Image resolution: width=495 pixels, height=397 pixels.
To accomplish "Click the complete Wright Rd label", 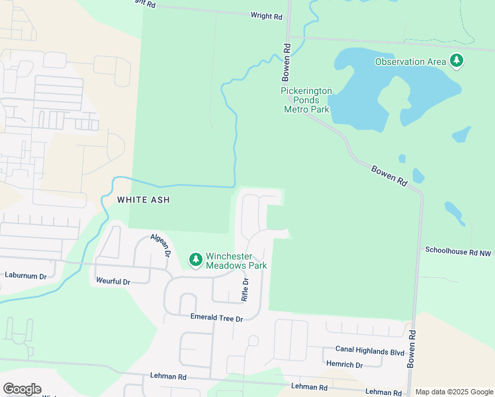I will pyautogui.click(x=267, y=16).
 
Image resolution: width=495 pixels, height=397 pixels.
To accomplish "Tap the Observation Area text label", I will pyautogui.click(x=410, y=62).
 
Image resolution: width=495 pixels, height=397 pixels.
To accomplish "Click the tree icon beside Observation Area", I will pyautogui.click(x=456, y=62).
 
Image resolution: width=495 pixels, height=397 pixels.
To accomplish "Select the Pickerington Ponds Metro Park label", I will pyautogui.click(x=306, y=100).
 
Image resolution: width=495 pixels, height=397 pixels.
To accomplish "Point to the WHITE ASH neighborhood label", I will pyautogui.click(x=144, y=199).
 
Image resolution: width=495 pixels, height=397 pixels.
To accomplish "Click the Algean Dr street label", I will pyautogui.click(x=161, y=245).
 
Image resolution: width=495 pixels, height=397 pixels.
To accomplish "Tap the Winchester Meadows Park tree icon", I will pyautogui.click(x=195, y=260).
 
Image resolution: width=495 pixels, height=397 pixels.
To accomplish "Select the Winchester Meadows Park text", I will pyautogui.click(x=236, y=261).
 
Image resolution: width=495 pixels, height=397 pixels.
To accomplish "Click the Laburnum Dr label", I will pyautogui.click(x=26, y=275).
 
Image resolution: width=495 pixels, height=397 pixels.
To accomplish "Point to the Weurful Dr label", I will pyautogui.click(x=113, y=282).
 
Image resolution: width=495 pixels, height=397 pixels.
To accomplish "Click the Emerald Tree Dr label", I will pyautogui.click(x=217, y=318).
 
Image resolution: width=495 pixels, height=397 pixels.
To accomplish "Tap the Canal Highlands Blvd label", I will pyautogui.click(x=369, y=351).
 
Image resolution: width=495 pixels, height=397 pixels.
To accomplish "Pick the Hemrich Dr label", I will pyautogui.click(x=344, y=365).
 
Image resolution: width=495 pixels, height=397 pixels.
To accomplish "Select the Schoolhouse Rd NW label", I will pyautogui.click(x=459, y=251).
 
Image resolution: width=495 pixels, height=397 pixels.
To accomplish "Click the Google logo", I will pyautogui.click(x=22, y=389).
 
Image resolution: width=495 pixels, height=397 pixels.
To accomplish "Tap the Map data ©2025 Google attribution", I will pyautogui.click(x=453, y=392).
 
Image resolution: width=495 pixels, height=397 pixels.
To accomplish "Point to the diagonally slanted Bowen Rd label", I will pyautogui.click(x=388, y=176).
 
